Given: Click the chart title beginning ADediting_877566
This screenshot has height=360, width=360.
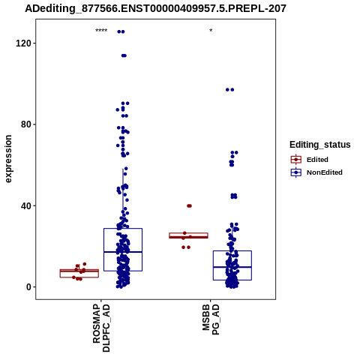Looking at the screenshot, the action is pos(155,9).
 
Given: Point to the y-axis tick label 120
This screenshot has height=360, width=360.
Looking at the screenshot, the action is pos(23,43).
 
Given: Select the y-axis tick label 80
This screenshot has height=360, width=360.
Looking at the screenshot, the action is pos(26,124).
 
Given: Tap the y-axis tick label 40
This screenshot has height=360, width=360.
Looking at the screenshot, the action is pos(26,205).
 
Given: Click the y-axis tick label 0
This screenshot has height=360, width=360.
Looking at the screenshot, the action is pos(28,287).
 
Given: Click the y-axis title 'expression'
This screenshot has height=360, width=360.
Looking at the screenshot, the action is pos(8,159).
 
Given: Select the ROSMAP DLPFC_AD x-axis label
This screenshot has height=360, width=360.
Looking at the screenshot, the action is pos(101,328).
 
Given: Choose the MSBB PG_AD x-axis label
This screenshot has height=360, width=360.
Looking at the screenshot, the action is pos(211,319).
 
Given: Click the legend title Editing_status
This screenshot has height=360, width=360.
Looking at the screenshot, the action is pos(320,145).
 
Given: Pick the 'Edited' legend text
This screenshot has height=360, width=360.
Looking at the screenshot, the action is pos(317,160).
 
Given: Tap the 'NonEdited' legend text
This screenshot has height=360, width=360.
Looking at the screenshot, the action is pos(325,172).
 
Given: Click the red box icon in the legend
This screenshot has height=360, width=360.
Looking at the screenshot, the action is pos(296,160).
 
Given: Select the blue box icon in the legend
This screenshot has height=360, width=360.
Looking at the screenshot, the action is pos(296,172).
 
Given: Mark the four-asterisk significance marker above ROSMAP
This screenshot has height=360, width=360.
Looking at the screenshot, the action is pos(101,31).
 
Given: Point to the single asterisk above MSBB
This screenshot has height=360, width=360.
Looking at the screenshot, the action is pos(211,31).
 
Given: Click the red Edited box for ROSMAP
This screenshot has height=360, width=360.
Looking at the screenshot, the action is pos(79,273).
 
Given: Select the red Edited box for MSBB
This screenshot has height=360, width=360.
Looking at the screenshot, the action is pos(188,235).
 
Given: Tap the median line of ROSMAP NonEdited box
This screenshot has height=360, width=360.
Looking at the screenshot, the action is pos(123,252).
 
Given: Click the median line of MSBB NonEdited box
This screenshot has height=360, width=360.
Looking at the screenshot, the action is pos(232,267).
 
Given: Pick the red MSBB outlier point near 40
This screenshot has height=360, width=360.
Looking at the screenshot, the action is pos(189,205).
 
